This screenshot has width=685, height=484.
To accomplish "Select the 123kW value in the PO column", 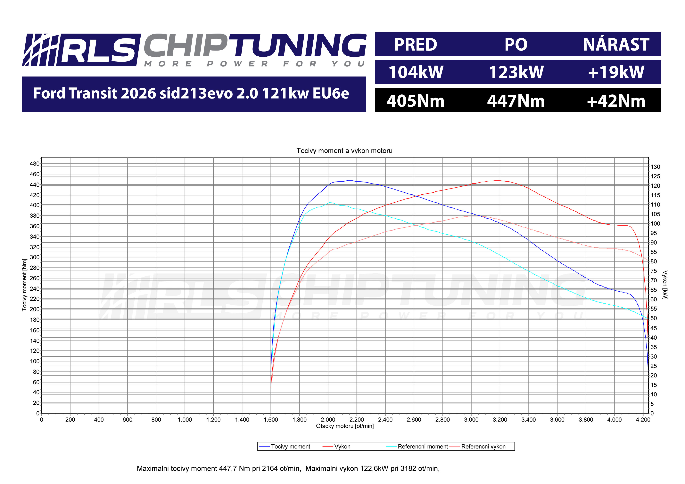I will [x=516, y=72].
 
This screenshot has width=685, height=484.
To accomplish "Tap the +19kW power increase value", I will [x=616, y=72].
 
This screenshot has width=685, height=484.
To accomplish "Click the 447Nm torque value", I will [x=516, y=101].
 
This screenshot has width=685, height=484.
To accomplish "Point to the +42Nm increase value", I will [x=616, y=101].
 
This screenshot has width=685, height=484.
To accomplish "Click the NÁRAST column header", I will [x=616, y=45].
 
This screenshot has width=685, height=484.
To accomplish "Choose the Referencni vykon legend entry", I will [x=483, y=446].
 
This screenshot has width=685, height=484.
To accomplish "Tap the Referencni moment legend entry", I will [x=422, y=446].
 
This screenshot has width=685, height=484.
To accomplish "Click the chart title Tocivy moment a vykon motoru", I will [x=344, y=151].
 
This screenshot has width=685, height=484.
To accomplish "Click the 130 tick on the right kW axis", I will [x=656, y=167].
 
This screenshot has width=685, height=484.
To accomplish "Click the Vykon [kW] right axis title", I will [x=665, y=285].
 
